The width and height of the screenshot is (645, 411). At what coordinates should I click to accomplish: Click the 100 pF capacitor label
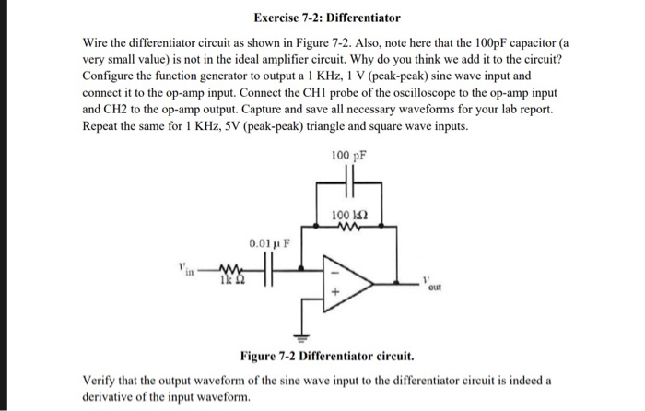pos(348,156)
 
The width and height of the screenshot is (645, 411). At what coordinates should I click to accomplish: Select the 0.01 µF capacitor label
pos(266,243)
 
